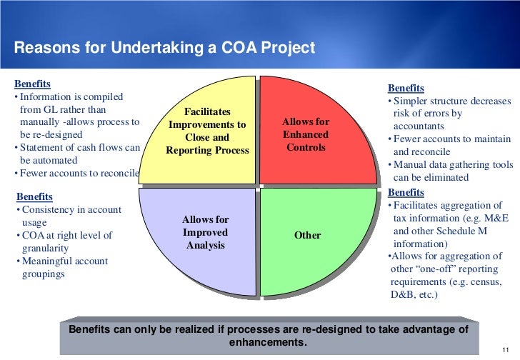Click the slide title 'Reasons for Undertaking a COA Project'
[164, 49]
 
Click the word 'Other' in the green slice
[307, 235]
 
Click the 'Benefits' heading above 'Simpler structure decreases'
[406, 88]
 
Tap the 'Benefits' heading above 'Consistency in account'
[34, 196]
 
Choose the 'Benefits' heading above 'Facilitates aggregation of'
[406, 192]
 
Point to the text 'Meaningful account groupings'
[64, 267]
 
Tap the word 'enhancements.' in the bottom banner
[268, 342]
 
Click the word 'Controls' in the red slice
[306, 148]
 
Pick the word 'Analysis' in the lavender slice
[206, 246]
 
